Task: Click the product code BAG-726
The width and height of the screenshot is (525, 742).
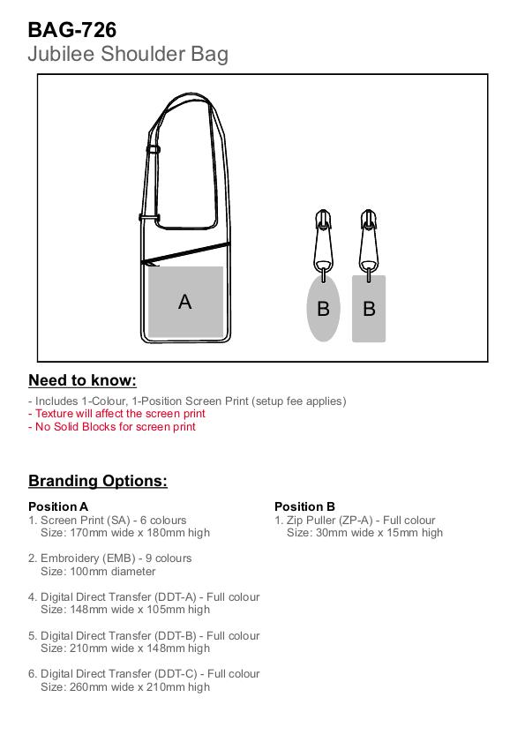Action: [72, 30]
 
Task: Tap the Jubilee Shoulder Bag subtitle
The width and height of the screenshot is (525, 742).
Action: [128, 54]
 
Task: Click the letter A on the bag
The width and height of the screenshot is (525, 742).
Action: [185, 302]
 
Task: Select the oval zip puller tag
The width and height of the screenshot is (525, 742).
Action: [323, 309]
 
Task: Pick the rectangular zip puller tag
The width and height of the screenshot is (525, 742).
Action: [369, 309]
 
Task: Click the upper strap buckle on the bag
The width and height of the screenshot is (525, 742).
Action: [153, 149]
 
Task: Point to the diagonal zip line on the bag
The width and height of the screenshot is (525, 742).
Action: [186, 252]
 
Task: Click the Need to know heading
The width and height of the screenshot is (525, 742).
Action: [82, 380]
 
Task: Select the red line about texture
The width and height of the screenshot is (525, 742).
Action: [116, 414]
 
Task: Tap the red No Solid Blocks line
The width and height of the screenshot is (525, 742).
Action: [112, 426]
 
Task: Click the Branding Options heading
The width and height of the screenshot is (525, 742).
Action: [98, 481]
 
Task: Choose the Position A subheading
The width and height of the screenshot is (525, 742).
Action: [58, 506]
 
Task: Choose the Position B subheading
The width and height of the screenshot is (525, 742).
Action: [304, 506]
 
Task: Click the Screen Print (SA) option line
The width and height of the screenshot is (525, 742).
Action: [108, 520]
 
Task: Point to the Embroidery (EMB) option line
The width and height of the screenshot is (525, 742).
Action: [109, 558]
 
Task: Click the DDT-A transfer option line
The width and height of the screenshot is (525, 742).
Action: [144, 597]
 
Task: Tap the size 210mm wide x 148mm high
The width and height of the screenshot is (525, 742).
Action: [139, 648]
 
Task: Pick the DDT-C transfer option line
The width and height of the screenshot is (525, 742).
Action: [144, 674]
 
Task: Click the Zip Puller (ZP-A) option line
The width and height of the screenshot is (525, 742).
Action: [355, 520]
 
